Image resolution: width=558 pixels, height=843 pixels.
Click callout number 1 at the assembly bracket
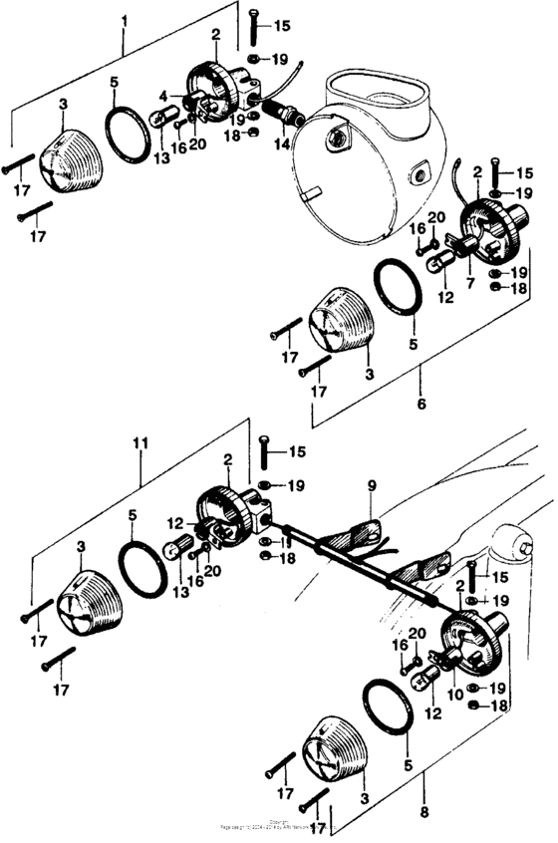tap(124, 19)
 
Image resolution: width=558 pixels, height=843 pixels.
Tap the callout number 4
tap(163, 97)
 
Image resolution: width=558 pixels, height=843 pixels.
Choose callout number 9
tap(371, 486)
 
